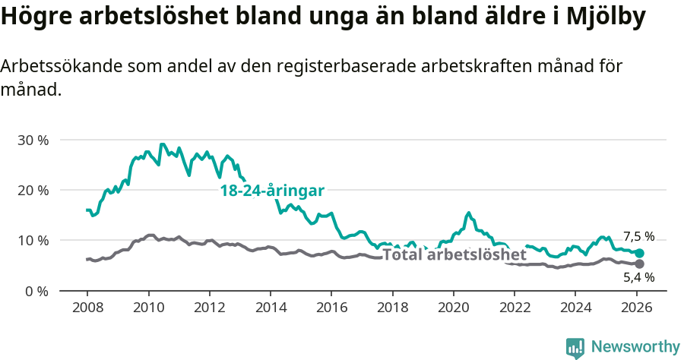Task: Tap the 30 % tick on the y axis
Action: [x=32, y=140]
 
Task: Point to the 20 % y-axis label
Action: [x=32, y=190]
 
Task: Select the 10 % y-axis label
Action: [x=32, y=240]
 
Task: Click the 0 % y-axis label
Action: [x=36, y=290]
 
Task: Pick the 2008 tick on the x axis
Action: [x=87, y=308]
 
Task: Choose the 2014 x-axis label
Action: [x=270, y=308]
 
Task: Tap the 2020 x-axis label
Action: [x=454, y=308]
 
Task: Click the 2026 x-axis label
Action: [x=637, y=308]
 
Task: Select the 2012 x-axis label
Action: [x=209, y=308]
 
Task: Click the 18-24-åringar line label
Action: [x=272, y=191]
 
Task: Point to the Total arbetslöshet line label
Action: [x=454, y=254]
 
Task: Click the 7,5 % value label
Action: [x=638, y=236]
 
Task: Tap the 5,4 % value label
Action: [x=638, y=278]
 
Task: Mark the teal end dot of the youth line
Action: [x=639, y=253]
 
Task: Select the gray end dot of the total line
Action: [x=639, y=264]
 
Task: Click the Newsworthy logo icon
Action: [x=575, y=347]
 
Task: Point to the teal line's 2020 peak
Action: [x=468, y=213]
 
